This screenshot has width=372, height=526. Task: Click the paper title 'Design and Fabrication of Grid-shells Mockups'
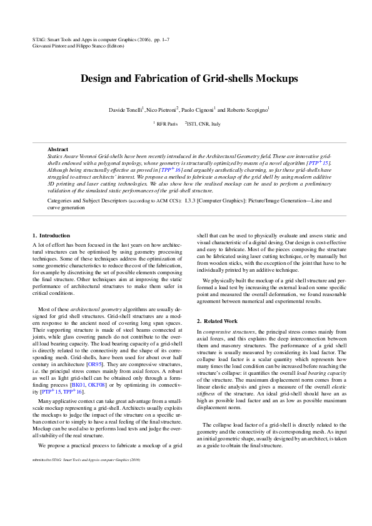coord(186,79)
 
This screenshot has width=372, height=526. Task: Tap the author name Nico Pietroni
coord(161,110)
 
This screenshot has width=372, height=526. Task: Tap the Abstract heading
coord(58,149)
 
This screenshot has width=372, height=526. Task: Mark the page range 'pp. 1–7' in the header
coord(158,39)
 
